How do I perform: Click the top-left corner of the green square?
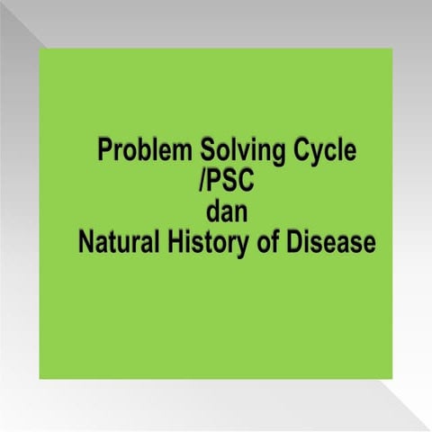40,49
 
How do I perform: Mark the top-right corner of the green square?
392,49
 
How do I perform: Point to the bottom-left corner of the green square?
40,379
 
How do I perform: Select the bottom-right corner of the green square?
392,379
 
